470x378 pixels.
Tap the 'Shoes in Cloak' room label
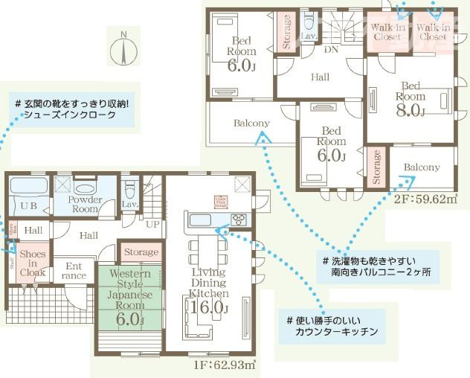point(33,263)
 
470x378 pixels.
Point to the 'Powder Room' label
point(84,204)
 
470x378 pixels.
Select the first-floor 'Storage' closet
point(140,252)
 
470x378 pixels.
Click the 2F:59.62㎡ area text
point(424,199)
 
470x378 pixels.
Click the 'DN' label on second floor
point(332,50)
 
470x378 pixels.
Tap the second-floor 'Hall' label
point(320,77)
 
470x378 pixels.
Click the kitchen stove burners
point(240,219)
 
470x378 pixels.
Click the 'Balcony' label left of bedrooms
point(251,123)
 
